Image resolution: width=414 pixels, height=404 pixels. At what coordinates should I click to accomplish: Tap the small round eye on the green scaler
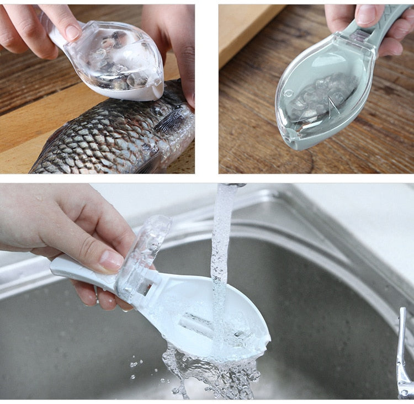(x=289, y=93)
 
